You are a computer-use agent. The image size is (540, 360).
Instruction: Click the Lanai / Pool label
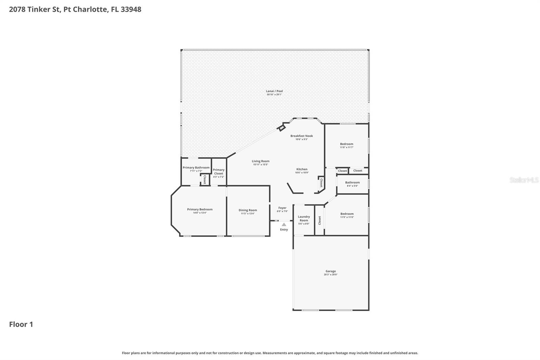pos(274,91)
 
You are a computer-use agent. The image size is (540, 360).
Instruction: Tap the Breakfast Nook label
pos(301,136)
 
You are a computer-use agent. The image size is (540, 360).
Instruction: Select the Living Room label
pos(260,161)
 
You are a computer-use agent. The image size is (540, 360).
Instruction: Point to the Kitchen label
pos(302,169)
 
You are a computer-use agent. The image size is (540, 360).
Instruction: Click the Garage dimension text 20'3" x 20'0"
pos(330,275)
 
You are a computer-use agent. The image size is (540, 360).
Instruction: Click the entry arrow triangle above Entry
pos(284,225)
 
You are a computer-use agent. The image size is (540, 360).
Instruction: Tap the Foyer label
pos(282,208)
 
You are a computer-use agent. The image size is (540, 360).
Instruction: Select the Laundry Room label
pos(304,218)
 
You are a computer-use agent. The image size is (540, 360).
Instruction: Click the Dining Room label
pos(248,210)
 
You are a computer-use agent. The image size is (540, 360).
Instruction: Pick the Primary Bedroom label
pos(200,209)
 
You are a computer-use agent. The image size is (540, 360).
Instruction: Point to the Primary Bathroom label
pos(196,168)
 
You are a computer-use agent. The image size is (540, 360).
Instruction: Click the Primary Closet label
pos(219,172)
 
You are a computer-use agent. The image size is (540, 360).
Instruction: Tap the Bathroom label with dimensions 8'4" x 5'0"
pos(352,182)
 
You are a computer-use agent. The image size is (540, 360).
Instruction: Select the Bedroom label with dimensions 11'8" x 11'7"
pos(347,144)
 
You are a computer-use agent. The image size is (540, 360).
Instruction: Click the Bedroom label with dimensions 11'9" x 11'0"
pos(347,214)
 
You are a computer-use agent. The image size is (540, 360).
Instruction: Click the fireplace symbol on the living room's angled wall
pos(281,128)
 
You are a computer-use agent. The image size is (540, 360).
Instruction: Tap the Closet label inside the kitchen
pos(321,183)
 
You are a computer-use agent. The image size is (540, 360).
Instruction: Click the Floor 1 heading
pos(21,325)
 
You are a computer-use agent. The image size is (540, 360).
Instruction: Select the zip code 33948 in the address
pos(131,9)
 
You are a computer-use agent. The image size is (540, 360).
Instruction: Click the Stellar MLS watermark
pos(524,180)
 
